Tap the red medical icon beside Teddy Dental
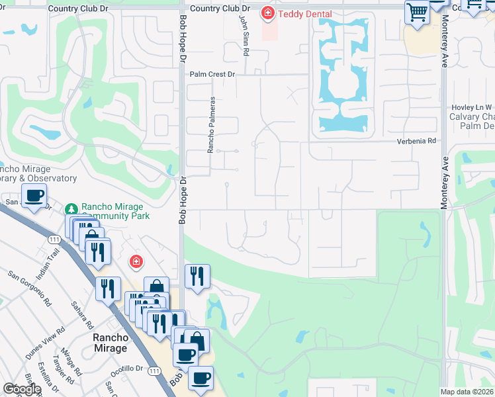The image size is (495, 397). pos(267,13)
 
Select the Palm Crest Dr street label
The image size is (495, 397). pos(213,75)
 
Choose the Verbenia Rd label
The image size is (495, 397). pos(417,141)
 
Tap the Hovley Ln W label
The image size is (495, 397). pos(471,107)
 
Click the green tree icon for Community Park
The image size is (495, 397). pos(71,209)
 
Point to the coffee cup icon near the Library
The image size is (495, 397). pos(34,196)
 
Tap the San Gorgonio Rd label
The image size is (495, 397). pos(30,288)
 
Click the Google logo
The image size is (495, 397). pos(22,389)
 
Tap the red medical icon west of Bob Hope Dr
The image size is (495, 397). pos(136,263)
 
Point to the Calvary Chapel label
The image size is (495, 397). pos(471,116)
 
